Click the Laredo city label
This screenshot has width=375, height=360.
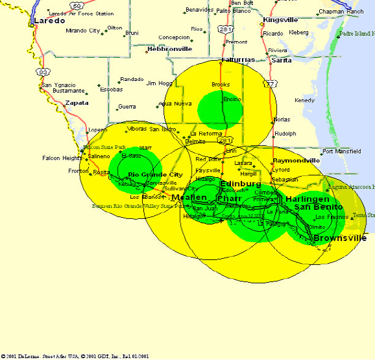point(50,21)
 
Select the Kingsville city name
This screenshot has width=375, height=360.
point(280,20)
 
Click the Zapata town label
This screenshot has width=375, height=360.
point(77,103)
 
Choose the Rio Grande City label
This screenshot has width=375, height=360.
point(155,175)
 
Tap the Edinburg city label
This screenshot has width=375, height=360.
point(240,184)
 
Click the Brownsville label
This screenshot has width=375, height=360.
point(340,238)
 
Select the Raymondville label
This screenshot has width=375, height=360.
point(296,161)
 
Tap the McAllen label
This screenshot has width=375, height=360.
point(189,197)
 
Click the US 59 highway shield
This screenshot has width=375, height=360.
point(76,6)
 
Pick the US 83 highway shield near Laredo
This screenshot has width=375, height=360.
point(43,72)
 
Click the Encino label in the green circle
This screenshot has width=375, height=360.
point(232,99)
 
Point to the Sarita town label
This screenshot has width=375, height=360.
point(281,61)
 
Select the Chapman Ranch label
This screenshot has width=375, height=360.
point(341,12)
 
